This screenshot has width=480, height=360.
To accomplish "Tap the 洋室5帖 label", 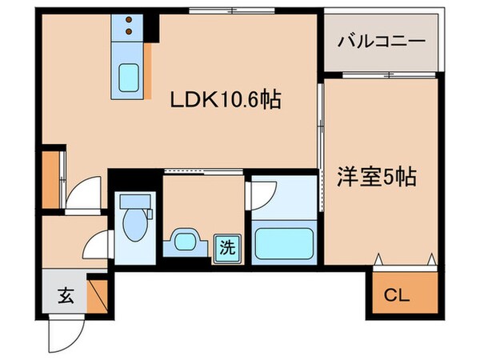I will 380,177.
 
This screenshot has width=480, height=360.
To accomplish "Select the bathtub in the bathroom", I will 284,243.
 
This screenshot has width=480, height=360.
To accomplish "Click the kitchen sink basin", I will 129,77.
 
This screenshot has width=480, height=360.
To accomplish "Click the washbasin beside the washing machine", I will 186,241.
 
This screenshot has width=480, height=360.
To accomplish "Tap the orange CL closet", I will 405,294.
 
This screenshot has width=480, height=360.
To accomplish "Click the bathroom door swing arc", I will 262,194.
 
